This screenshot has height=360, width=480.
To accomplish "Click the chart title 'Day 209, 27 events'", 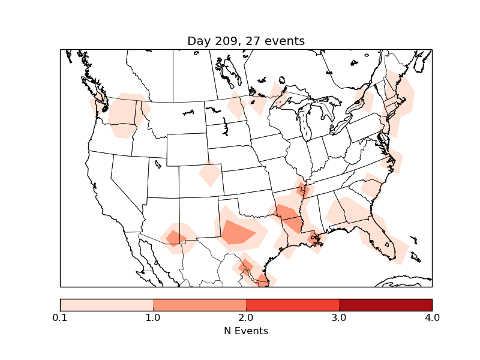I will coord(246,41).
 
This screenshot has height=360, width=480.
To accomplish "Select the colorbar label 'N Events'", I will coord(246,331).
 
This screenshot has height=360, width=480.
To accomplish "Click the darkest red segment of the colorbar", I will coord(385,305).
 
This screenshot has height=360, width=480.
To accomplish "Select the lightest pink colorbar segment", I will coord(106,305).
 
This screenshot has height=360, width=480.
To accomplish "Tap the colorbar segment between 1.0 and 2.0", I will coord(199,305).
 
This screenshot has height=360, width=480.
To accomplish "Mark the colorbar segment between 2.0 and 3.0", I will coord(292,305).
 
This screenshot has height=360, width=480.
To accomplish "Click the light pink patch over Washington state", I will coord(124,114).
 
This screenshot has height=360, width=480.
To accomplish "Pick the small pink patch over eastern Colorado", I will coord(209,175).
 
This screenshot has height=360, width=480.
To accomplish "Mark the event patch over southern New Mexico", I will coord(175,238).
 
